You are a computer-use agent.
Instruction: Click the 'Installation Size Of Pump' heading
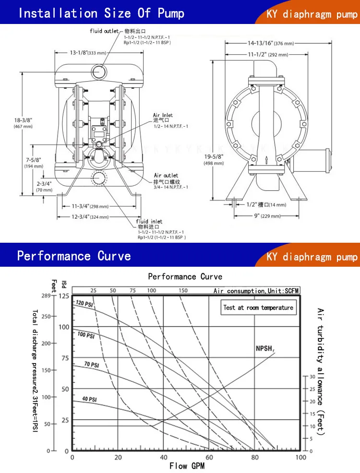click(101, 12)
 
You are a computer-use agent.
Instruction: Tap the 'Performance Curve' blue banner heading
click(74, 256)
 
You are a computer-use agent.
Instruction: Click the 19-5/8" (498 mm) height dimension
click(214, 160)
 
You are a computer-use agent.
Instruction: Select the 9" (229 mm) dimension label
click(268, 215)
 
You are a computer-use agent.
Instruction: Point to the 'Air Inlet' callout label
click(163, 115)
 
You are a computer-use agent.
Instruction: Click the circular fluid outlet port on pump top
click(101, 72)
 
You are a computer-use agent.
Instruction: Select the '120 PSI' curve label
click(85, 304)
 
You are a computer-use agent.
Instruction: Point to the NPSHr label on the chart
click(264, 348)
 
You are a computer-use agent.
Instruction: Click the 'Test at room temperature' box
click(258, 307)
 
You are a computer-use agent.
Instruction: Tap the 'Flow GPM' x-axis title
click(187, 466)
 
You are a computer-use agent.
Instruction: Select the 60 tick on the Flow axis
click(209, 457)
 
